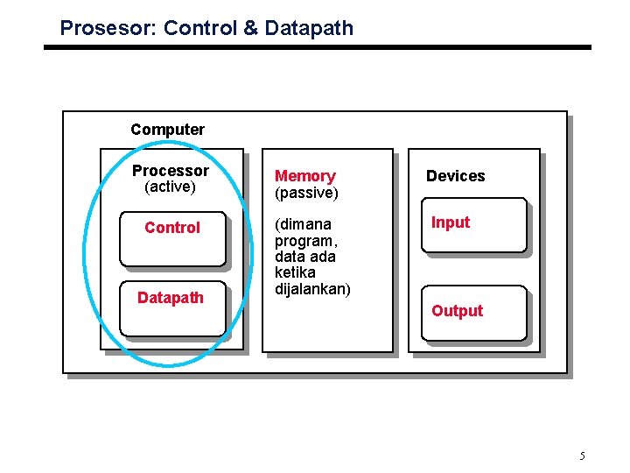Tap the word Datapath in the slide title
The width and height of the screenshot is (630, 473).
[x=309, y=28]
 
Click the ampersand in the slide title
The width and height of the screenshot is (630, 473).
[x=250, y=28]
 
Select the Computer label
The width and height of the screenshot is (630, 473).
[x=167, y=130]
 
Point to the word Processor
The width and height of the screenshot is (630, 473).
[x=171, y=171]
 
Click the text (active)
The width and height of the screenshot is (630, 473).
[x=170, y=187]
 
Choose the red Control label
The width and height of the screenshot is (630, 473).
[x=172, y=228]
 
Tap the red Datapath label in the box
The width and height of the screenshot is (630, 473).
[x=171, y=298]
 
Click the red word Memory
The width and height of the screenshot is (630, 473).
[x=305, y=176]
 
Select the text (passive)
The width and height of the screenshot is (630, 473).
[x=306, y=192]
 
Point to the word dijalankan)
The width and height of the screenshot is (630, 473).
[x=312, y=289]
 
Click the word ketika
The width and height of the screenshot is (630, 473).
[x=294, y=272]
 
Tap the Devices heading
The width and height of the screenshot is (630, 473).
[x=455, y=176]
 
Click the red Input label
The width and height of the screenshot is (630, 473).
[x=451, y=222]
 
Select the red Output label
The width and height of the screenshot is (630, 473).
[x=457, y=311]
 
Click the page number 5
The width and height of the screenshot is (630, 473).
[x=582, y=455]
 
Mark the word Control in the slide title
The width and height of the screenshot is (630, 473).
[x=200, y=28]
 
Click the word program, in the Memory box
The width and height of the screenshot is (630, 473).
[x=304, y=241]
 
